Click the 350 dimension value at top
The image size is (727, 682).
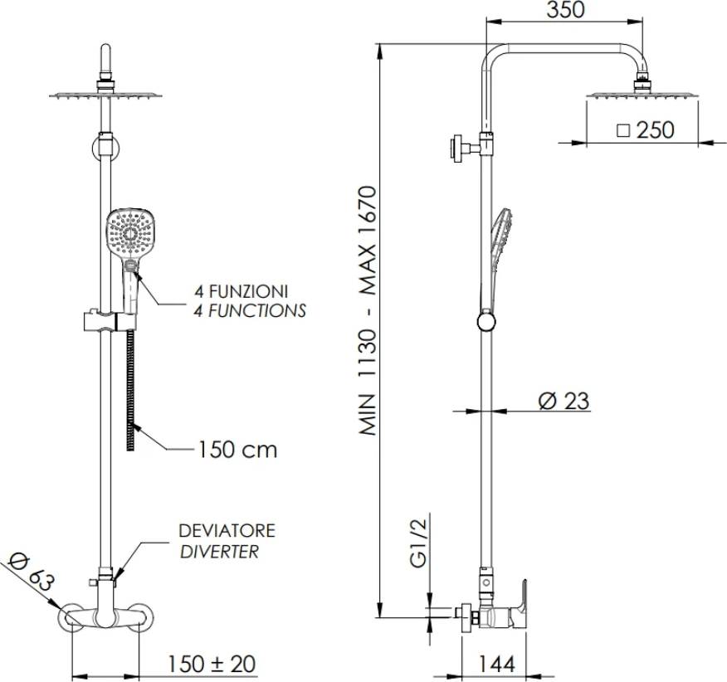565,9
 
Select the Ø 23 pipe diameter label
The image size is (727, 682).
564,401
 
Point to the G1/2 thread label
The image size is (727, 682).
418,543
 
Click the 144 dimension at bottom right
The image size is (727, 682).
495,664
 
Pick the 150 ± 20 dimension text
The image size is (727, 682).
212,664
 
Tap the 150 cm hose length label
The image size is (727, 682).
237,449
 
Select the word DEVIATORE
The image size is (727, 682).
227,530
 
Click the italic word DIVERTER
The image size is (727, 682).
219,552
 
